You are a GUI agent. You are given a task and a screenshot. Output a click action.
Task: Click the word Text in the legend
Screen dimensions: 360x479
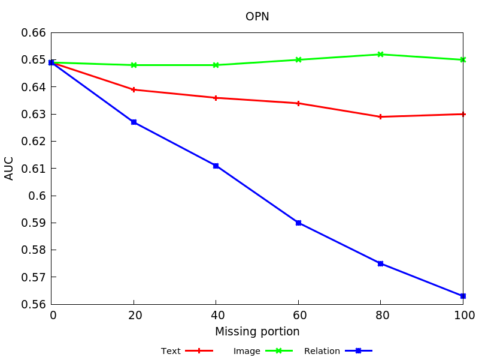[171, 351]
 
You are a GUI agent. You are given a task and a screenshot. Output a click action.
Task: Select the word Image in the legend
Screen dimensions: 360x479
[247, 351]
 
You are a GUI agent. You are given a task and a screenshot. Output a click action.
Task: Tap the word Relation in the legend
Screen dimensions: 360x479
[322, 351]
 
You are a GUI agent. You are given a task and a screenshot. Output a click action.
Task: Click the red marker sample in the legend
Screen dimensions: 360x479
[199, 350]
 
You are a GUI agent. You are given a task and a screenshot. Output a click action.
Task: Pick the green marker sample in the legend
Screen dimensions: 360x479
[278, 350]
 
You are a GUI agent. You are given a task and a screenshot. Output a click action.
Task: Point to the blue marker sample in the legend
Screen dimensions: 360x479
[358, 350]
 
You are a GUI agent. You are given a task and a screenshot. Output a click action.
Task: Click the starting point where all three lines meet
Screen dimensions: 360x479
[51, 62]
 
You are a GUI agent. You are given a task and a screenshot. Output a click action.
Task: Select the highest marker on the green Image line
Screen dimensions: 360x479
[380, 54]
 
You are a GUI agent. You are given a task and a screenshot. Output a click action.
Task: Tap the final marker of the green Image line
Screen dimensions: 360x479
[463, 59]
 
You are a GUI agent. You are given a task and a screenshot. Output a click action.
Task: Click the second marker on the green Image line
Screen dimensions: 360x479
[134, 65]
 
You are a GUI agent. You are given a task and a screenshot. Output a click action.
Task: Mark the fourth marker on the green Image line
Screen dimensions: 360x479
[298, 59]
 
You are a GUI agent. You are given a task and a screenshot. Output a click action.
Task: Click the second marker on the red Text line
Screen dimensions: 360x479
[134, 89]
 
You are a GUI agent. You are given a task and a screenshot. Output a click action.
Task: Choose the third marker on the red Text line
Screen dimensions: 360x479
[216, 98]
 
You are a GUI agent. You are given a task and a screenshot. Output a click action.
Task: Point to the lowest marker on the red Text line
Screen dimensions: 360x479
[380, 116]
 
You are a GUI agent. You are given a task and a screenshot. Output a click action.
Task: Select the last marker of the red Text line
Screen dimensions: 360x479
[463, 114]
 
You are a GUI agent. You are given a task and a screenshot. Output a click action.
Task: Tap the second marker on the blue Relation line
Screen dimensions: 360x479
[134, 122]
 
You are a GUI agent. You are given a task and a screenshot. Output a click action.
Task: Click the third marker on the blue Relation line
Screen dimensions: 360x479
[216, 166]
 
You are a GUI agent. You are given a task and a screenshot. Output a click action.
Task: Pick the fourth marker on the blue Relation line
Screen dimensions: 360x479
[298, 223]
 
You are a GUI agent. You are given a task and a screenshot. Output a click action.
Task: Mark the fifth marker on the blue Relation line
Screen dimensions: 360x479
[380, 263]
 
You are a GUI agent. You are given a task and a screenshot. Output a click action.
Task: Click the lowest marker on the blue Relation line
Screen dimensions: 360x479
[463, 296]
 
